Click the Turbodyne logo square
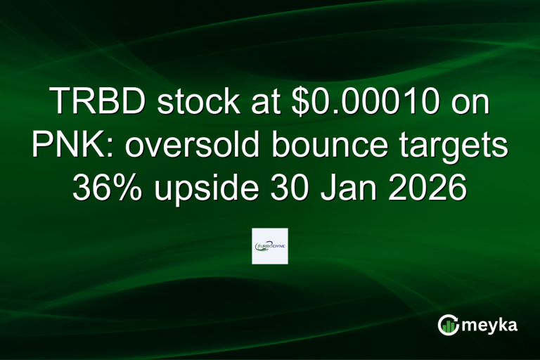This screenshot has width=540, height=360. coord(270,246)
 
